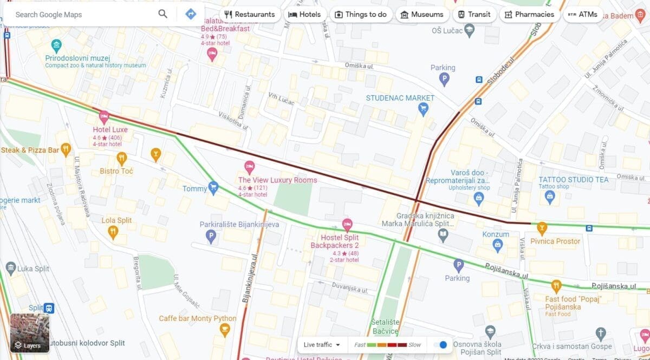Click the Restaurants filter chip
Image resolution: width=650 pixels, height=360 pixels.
pos(250,15)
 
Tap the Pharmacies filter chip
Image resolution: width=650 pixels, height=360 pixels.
pos(529,15)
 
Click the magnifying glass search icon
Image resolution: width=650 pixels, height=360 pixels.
pos(163,14)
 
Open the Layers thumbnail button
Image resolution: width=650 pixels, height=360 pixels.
pos(30,333)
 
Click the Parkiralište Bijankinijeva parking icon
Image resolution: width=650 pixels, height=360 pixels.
pos(211,236)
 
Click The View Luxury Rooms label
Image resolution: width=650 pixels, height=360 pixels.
pos(277,180)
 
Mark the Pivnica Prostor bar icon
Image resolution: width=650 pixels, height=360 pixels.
pos(541,228)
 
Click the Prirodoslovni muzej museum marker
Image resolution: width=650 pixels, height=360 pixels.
pos(56,45)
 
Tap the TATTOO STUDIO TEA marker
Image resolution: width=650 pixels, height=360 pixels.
pos(550,198)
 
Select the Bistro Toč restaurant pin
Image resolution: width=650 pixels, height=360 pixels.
pos(121,159)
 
